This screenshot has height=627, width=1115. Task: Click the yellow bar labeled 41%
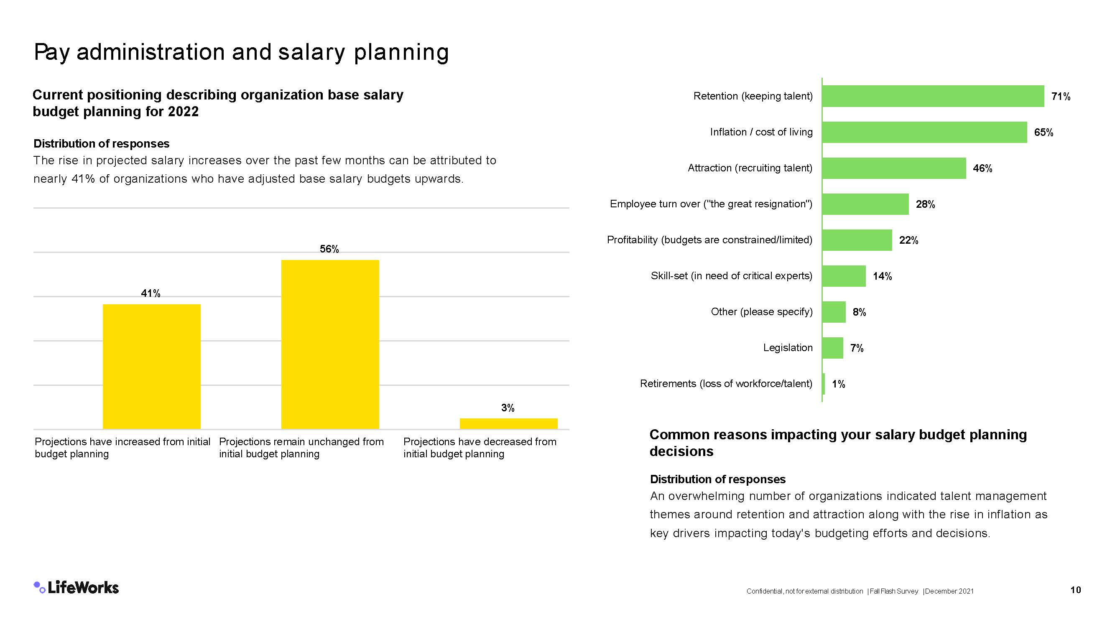pyautogui.click(x=151, y=367)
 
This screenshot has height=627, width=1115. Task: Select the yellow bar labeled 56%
pyautogui.click(x=330, y=344)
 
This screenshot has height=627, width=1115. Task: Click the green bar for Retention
pyautogui.click(x=933, y=96)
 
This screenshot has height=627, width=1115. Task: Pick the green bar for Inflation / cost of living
pyautogui.click(x=924, y=132)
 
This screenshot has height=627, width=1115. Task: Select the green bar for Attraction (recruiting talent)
pyautogui.click(x=894, y=168)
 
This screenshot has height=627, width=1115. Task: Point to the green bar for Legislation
pyautogui.click(x=832, y=348)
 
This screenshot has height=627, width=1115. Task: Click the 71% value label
pyautogui.click(x=1061, y=97)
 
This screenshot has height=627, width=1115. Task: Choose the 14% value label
pyautogui.click(x=882, y=276)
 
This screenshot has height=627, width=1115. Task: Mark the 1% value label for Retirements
pyautogui.click(x=838, y=384)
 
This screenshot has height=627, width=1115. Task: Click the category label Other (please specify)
pyautogui.click(x=761, y=311)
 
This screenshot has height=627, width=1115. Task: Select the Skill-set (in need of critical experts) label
pyautogui.click(x=731, y=275)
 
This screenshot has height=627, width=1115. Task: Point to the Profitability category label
pyautogui.click(x=709, y=240)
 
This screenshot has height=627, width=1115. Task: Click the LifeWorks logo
pyautogui.click(x=77, y=587)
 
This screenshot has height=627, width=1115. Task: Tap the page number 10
pyautogui.click(x=1075, y=590)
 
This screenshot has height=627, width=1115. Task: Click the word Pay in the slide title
pyautogui.click(x=51, y=52)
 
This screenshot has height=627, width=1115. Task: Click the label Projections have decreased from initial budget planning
pyautogui.click(x=480, y=447)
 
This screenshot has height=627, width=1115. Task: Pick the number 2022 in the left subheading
pyautogui.click(x=183, y=112)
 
